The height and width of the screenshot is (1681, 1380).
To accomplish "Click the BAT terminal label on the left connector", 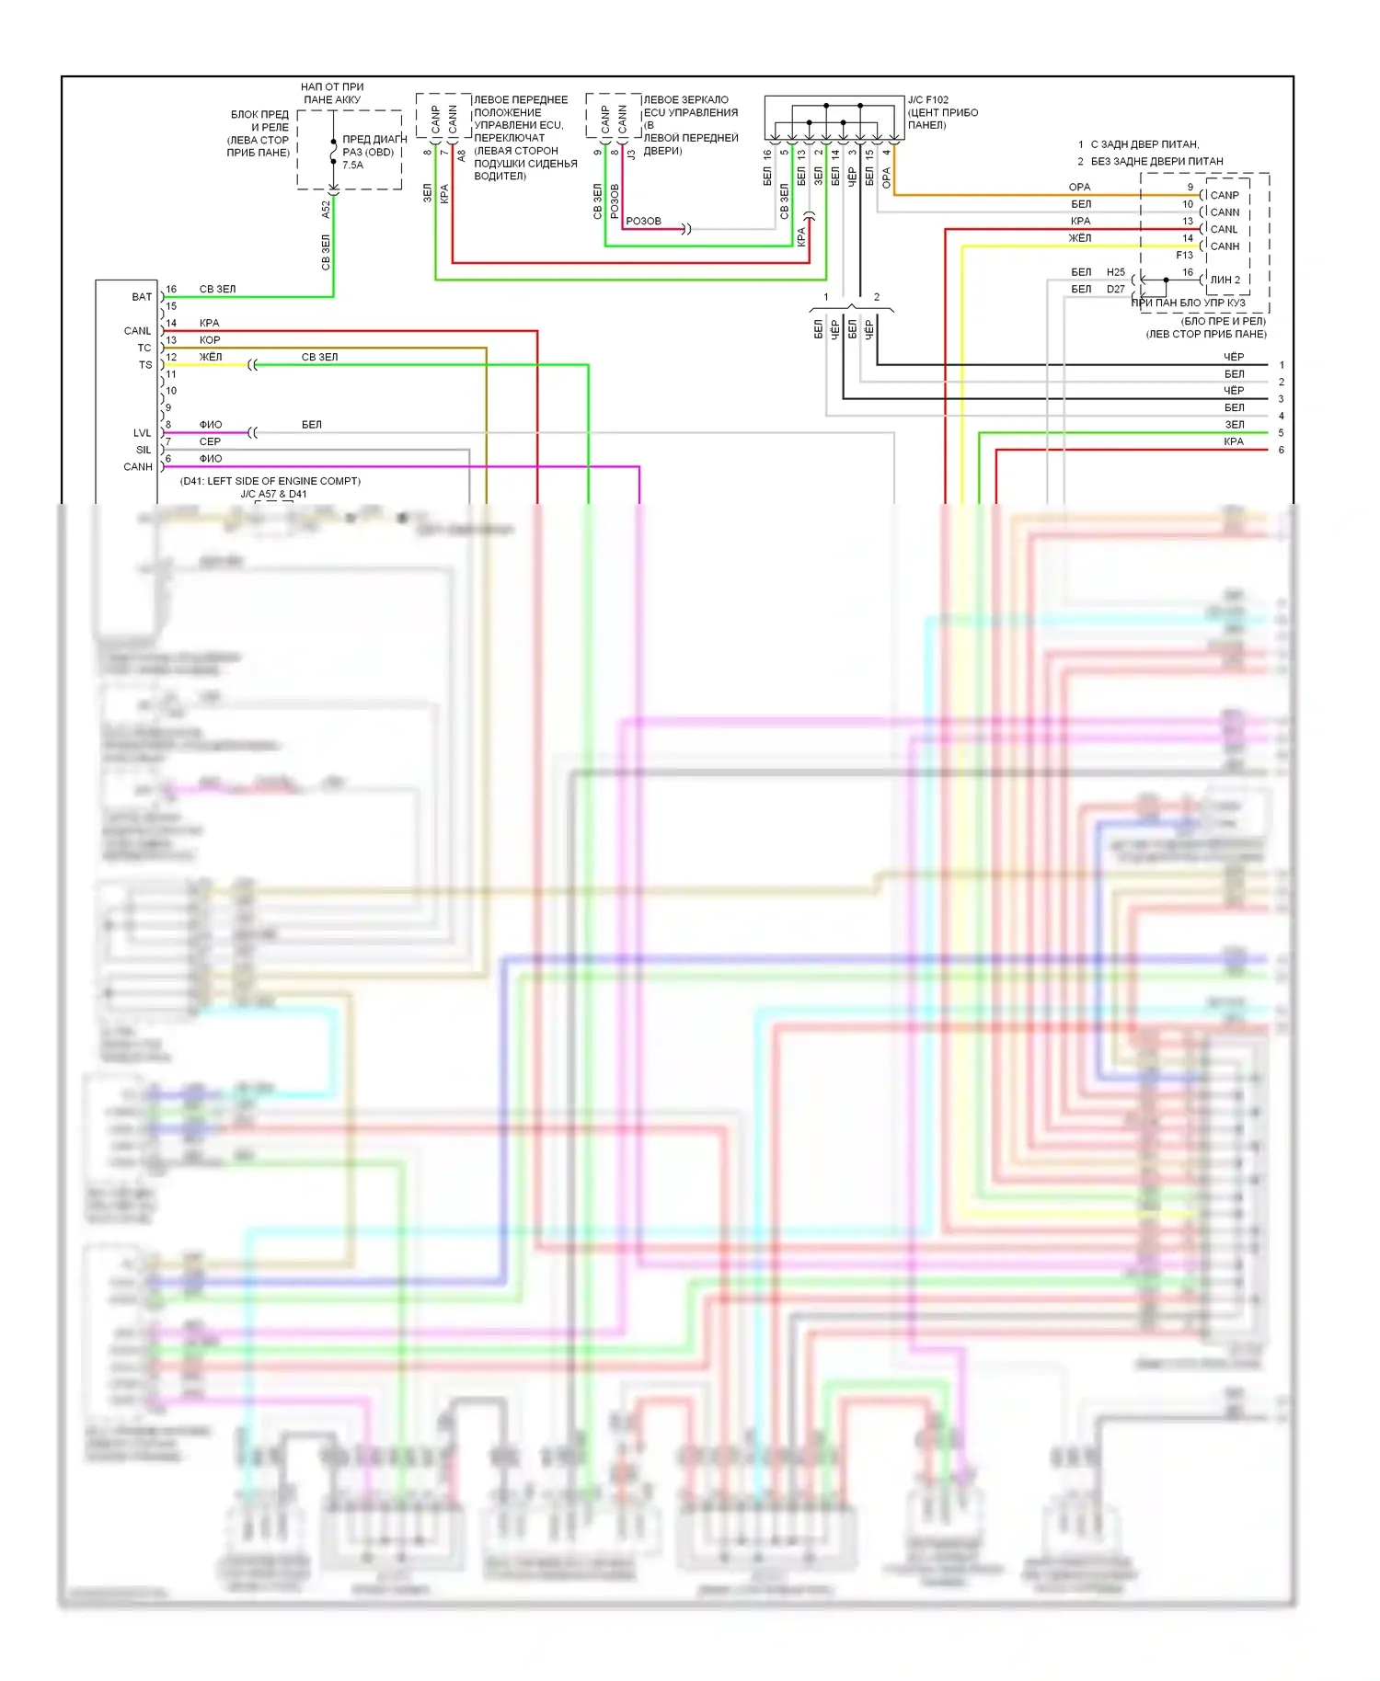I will point(142,297).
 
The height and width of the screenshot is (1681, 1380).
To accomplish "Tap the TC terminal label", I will point(144,348).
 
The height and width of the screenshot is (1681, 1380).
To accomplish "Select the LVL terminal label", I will point(142,433).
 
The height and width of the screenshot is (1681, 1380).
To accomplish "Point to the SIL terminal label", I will point(144,450).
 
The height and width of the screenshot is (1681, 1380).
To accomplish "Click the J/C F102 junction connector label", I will point(927,100).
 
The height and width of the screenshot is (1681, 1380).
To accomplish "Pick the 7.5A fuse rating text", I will point(353,166).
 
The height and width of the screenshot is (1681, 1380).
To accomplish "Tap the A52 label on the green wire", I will point(326,210).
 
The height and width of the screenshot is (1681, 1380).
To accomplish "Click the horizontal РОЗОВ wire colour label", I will point(643,222).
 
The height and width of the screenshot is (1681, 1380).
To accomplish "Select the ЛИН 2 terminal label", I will point(1225,280).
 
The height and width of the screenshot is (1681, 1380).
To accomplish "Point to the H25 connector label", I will point(1116,272).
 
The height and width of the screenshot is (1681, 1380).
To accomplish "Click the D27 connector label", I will point(1116,289).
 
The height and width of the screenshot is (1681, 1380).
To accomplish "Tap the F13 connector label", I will point(1184,255).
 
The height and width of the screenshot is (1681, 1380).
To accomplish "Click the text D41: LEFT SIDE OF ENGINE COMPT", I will point(270,481).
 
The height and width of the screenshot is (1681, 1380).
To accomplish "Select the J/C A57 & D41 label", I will point(273,494).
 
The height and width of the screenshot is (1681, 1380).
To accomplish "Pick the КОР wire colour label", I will point(210,340).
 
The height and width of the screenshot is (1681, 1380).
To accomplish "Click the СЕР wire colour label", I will point(210,441).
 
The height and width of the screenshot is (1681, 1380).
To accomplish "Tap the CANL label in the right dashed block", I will point(1224,229).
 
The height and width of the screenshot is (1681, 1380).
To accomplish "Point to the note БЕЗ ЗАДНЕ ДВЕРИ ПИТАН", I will point(1156,161).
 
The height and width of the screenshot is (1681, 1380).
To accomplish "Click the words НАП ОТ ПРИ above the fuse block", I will point(332,87).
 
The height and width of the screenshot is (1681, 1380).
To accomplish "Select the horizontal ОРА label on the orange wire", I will point(1079,187).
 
